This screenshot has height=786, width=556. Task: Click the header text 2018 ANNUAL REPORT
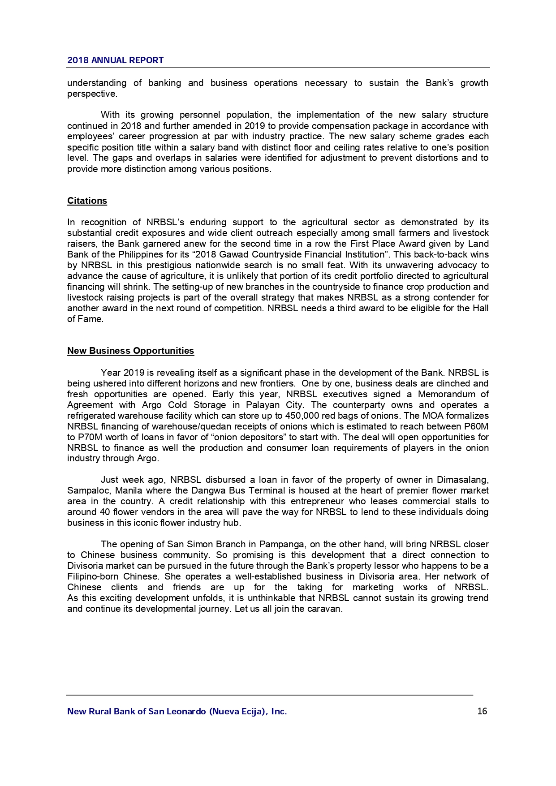pyautogui.click(x=115, y=60)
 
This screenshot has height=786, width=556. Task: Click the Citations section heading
pyautogui.click(x=87, y=201)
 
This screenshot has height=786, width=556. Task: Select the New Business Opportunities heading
pyautogui.click(x=130, y=351)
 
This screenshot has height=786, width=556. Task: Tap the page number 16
pyautogui.click(x=482, y=711)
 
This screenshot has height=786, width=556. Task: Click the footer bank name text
pyautogui.click(x=177, y=711)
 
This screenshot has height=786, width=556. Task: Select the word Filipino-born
pyautogui.click(x=93, y=577)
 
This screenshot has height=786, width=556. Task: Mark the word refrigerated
pyautogui.click(x=91, y=416)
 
